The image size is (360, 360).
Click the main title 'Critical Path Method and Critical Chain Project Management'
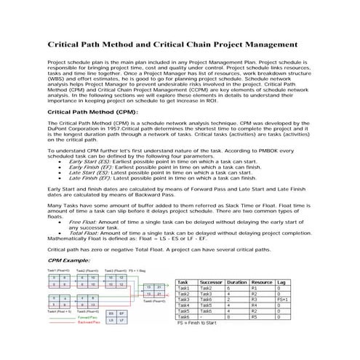coord(180,44)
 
